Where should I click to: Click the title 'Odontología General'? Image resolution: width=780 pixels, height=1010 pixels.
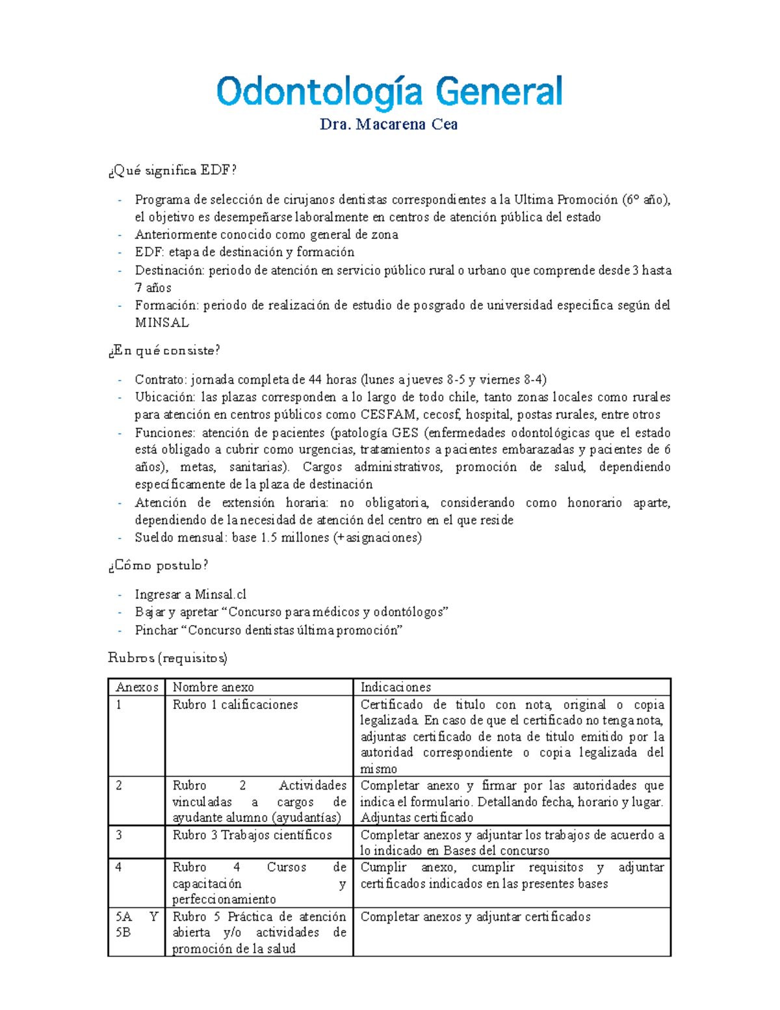click(x=389, y=92)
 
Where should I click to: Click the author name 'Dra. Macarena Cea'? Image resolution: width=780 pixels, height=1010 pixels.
click(x=389, y=125)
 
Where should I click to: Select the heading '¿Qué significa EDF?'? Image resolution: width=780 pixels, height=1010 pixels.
click(x=172, y=170)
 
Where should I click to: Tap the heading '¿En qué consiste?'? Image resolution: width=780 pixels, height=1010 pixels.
click(x=164, y=351)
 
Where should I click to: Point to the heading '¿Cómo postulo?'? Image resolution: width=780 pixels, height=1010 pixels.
click(x=158, y=565)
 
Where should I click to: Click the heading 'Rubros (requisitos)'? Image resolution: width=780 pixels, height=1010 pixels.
click(x=167, y=658)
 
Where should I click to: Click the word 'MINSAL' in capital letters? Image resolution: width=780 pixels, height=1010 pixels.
click(x=162, y=323)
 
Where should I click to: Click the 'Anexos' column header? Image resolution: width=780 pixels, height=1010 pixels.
click(x=136, y=687)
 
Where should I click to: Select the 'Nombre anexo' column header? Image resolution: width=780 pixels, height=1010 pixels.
click(x=213, y=687)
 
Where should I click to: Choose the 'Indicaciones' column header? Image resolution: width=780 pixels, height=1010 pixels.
click(x=395, y=687)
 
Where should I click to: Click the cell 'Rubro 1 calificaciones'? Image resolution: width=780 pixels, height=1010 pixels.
click(x=235, y=705)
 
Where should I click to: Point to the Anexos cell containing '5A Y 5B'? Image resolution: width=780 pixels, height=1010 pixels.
click(x=136, y=924)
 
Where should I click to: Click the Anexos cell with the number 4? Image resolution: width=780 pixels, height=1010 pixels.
click(x=119, y=868)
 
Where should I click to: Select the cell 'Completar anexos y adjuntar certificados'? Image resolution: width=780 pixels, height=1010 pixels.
click(x=475, y=917)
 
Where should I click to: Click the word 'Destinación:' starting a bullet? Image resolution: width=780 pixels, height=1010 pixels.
click(x=169, y=271)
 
